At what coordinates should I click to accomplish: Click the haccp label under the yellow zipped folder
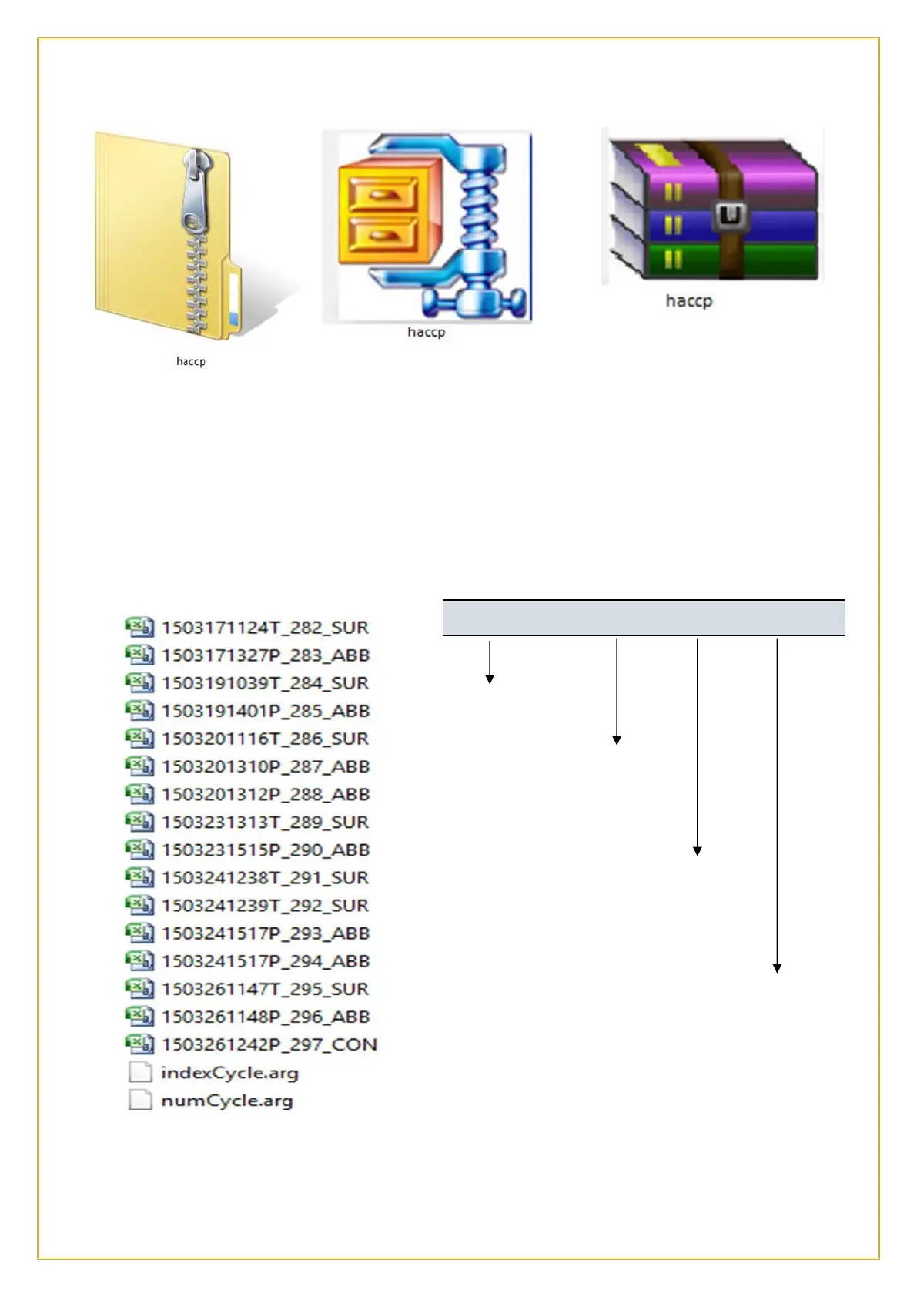[191, 361]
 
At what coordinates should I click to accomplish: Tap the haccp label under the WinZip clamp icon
[426, 332]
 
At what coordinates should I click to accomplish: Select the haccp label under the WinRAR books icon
[689, 300]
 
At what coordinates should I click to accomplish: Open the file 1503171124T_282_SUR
[265, 628]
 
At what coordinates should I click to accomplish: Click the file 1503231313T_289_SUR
[265, 822]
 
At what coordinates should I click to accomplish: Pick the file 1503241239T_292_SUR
[265, 905]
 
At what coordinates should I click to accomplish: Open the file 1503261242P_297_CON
[269, 1044]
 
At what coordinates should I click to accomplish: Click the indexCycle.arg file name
[229, 1072]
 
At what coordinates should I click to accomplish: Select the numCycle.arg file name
[227, 1100]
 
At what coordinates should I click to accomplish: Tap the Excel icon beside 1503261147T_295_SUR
[139, 988]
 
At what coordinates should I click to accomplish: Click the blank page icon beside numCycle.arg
[140, 1100]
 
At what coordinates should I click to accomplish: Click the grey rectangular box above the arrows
[644, 618]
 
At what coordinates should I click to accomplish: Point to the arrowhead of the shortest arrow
[490, 679]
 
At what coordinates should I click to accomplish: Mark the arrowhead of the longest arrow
[777, 969]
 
